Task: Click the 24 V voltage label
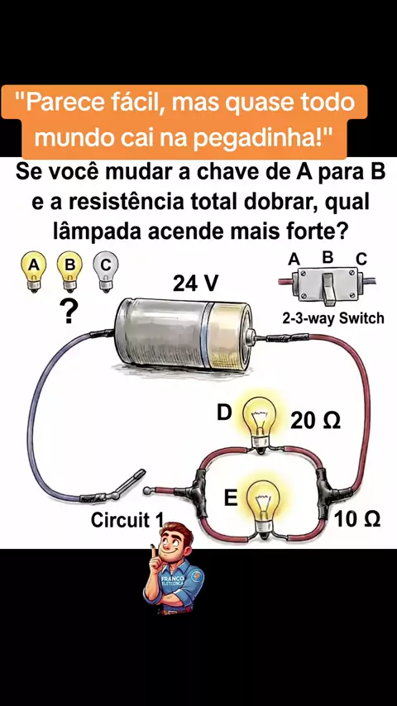[195, 284]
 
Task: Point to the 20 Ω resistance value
[315, 422]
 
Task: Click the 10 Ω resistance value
[357, 520]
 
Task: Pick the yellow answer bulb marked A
[33, 271]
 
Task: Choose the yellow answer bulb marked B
[69, 271]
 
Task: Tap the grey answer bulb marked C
[105, 271]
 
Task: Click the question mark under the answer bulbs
[69, 312]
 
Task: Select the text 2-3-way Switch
[333, 319]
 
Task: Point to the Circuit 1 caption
[127, 520]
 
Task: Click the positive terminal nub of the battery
[251, 336]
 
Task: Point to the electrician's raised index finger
[154, 551]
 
